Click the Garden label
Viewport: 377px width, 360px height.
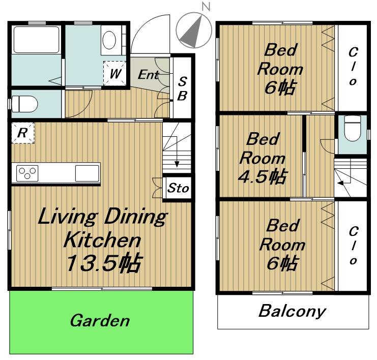(x=100, y=321)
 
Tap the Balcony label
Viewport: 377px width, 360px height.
(x=292, y=312)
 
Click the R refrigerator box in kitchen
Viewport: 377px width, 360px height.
(x=23, y=133)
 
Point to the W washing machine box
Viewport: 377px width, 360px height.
(x=114, y=73)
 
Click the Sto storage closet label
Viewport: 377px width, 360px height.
(x=178, y=188)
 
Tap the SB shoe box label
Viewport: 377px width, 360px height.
(x=182, y=88)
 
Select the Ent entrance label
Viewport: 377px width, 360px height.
(x=149, y=75)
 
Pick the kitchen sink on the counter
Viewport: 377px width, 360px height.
(x=87, y=173)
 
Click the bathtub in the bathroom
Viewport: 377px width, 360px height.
(x=36, y=40)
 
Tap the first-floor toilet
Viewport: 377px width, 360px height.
(x=24, y=104)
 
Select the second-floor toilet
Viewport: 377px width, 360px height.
(x=352, y=128)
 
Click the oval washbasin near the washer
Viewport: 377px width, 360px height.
(x=109, y=40)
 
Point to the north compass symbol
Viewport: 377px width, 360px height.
(x=194, y=30)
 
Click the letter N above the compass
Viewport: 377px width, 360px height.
(x=206, y=6)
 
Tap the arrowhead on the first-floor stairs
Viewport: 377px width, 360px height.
(x=177, y=164)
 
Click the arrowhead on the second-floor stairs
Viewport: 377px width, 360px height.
(x=340, y=183)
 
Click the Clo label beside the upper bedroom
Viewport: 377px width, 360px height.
(x=353, y=67)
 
